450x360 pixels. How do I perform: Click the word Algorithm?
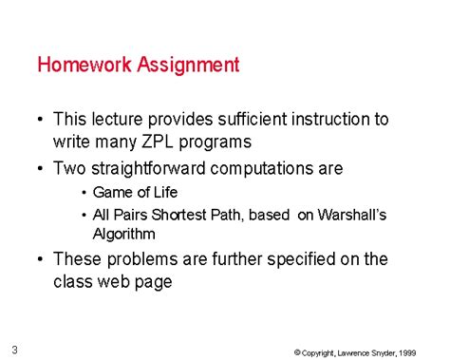[123, 233]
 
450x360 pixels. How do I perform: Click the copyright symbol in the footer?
[297, 352]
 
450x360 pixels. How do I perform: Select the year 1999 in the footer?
[405, 352]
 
